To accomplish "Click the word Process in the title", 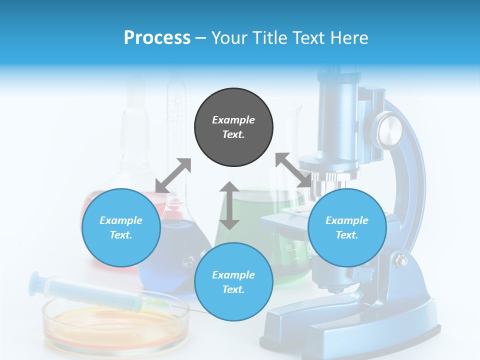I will (157, 38).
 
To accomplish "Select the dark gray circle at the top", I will (233, 127).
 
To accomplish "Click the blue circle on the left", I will (121, 227).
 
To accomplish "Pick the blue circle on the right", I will (347, 227).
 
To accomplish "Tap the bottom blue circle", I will (233, 281).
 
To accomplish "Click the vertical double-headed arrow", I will (229, 205).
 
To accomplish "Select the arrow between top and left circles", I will (173, 175).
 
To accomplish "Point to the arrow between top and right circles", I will (293, 170).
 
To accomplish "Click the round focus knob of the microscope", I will (390, 128).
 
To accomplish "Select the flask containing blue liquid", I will (175, 250).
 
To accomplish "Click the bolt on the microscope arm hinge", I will (401, 260).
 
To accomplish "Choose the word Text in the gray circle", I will (233, 134).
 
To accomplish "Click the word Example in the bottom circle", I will (233, 274).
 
